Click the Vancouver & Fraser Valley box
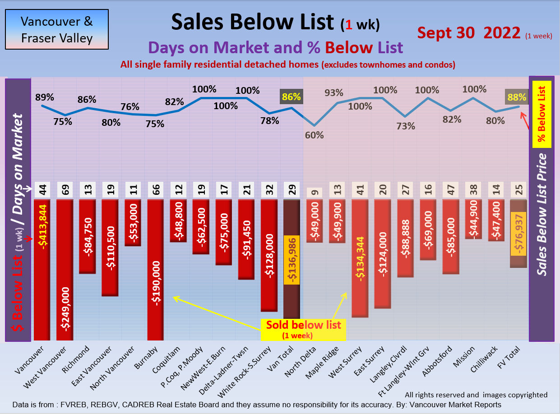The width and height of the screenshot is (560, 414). tap(57, 29)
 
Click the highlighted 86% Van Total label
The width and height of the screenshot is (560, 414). tap(291, 97)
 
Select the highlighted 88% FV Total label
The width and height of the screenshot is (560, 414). tap(516, 97)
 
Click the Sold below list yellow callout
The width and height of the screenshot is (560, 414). tap(303, 329)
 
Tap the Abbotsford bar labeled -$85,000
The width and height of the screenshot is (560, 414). tap(450, 237)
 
